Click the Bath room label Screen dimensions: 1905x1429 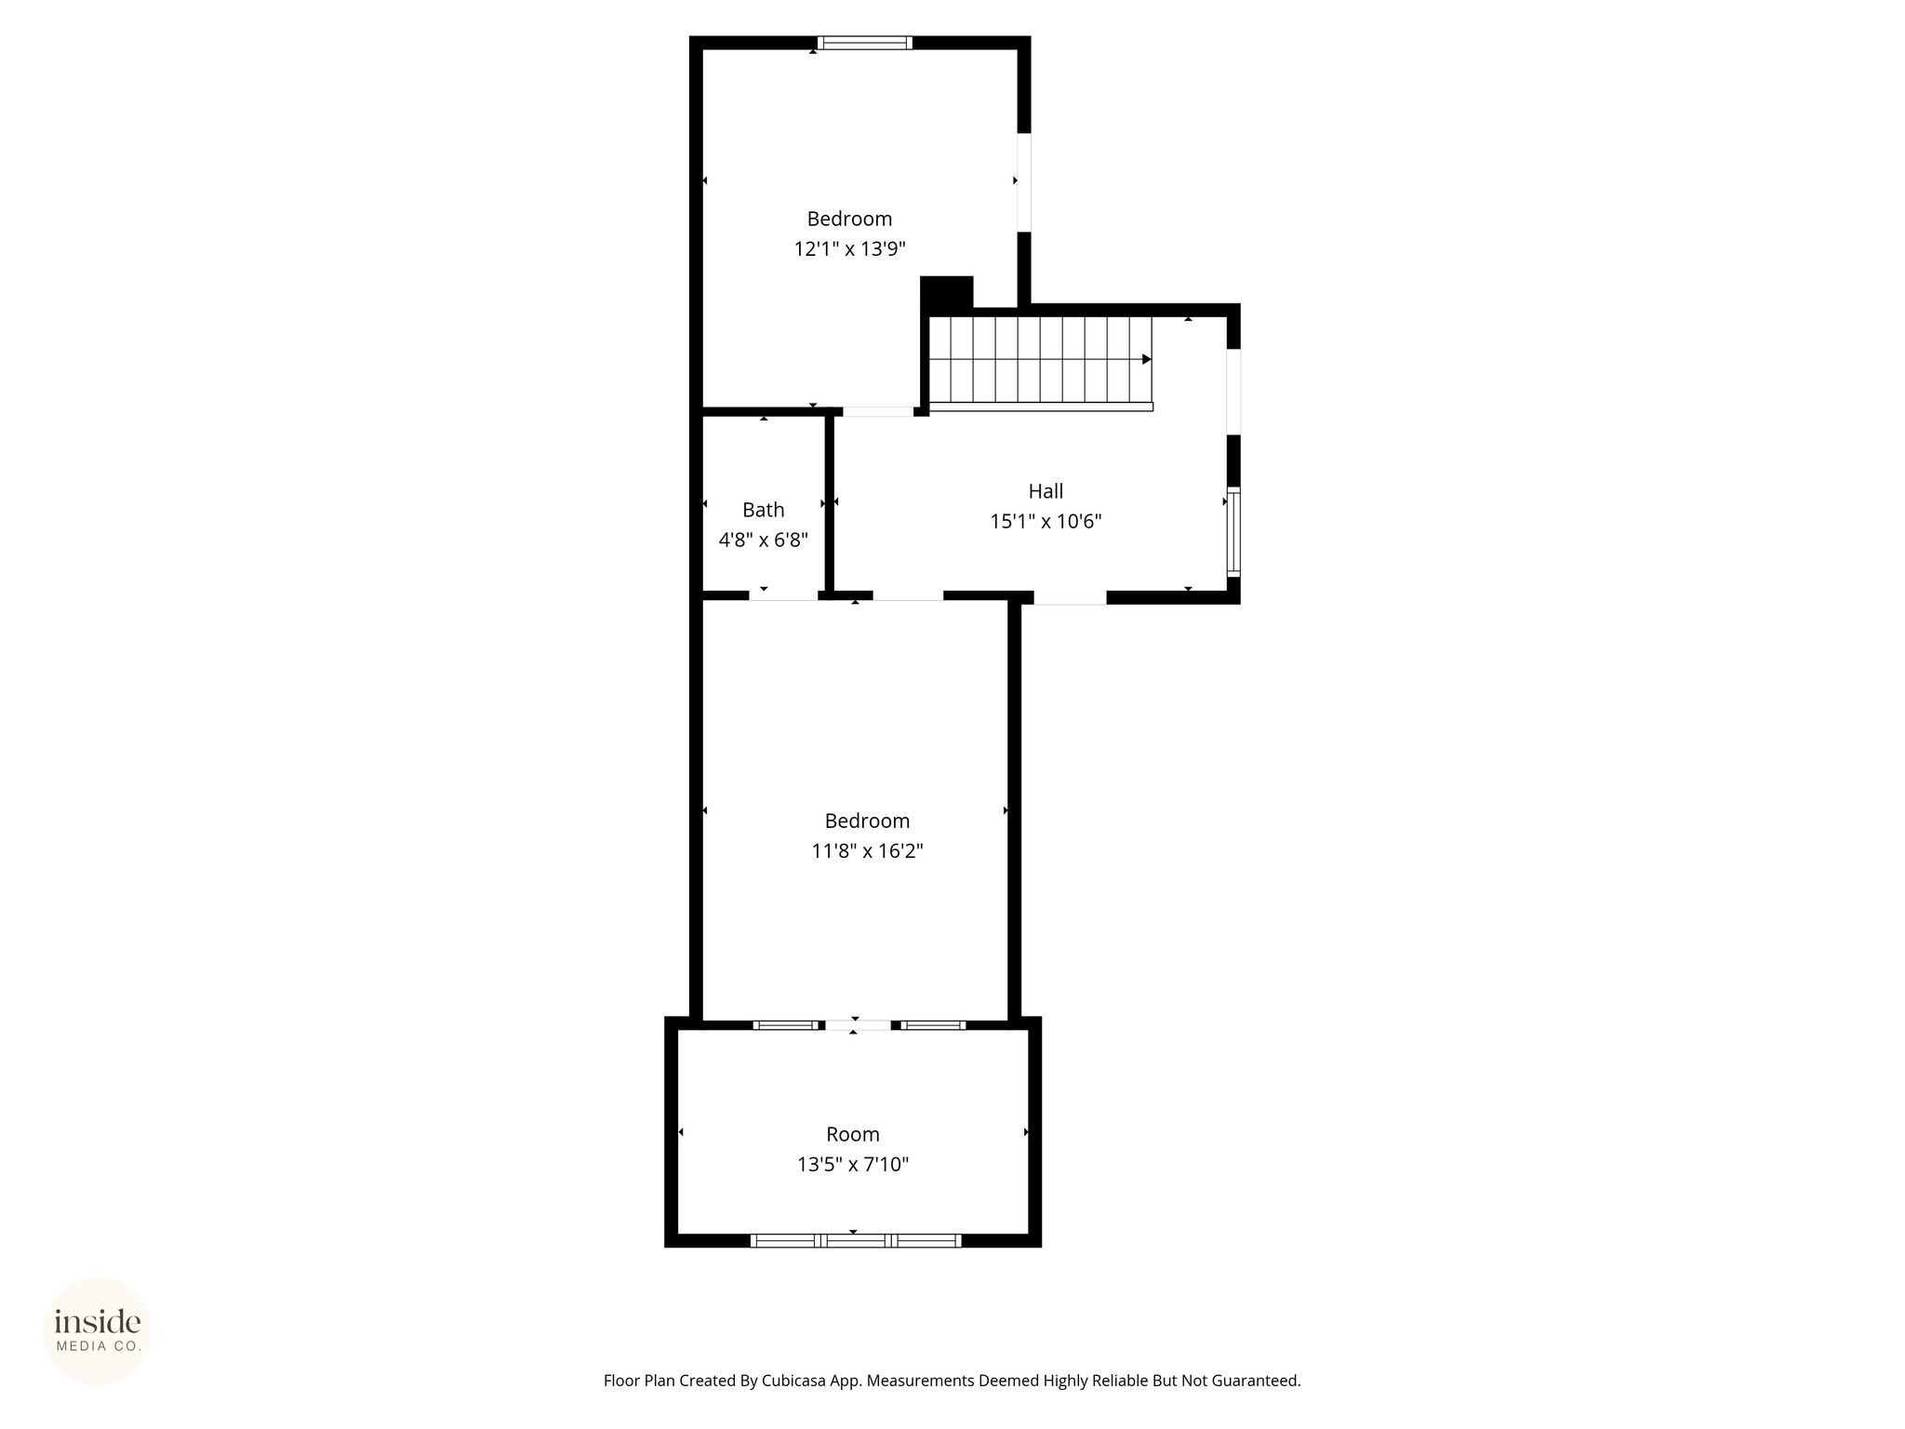point(763,510)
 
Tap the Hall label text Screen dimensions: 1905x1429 point(1046,491)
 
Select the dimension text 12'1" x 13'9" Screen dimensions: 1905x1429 point(849,248)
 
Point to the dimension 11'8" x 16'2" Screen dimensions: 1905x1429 point(867,850)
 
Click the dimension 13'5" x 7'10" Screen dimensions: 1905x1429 point(853,1164)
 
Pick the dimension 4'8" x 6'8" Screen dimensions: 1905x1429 point(763,540)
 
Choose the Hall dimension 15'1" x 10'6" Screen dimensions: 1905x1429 point(1046,521)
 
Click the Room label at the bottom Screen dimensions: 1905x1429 point(853,1134)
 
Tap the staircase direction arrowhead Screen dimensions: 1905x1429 point(1147,359)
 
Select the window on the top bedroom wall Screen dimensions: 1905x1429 point(864,42)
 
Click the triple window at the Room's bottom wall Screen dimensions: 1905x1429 point(856,1240)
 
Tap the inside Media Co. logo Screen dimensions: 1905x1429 point(98,1330)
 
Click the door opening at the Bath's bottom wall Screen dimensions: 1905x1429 point(783,595)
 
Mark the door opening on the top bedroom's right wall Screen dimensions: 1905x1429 point(1024,182)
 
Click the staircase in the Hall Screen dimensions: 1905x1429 point(1041,363)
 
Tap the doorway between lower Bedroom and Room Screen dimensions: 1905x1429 point(858,1025)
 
